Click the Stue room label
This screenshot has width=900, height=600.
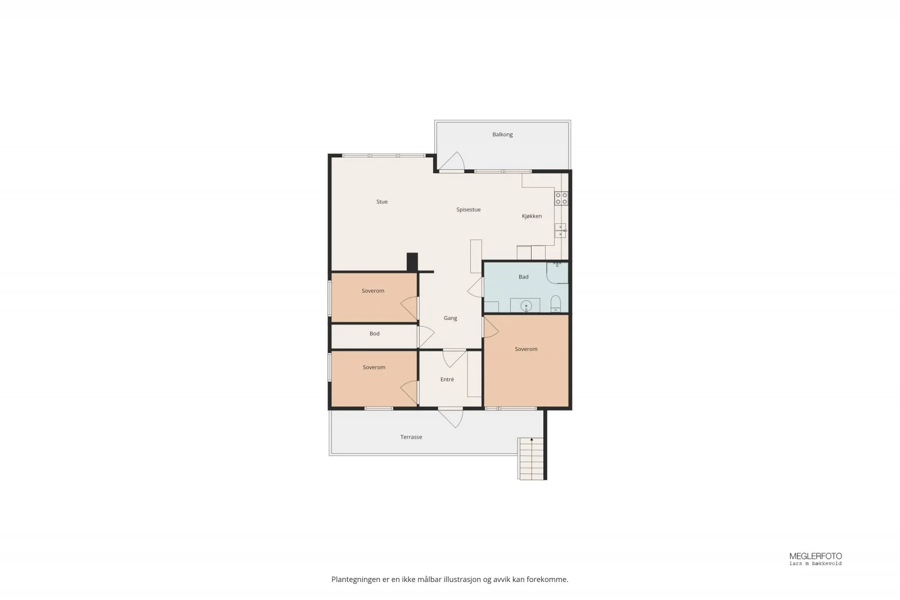[x=382, y=202]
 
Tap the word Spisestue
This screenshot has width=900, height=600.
[x=468, y=210]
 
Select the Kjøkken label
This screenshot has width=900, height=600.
[x=532, y=216]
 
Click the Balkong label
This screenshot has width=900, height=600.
[x=502, y=134]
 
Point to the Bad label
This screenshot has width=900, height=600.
[x=523, y=277]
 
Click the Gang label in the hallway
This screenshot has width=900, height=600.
[x=450, y=318]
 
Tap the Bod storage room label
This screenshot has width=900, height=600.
[x=374, y=333]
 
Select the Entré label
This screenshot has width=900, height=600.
[x=447, y=379]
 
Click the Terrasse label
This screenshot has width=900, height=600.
[x=411, y=437]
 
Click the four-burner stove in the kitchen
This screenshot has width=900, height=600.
[x=561, y=199]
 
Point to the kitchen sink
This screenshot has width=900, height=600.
[x=560, y=231]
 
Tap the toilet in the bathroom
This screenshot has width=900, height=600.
[x=555, y=304]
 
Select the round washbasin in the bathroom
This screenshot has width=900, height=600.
[x=526, y=306]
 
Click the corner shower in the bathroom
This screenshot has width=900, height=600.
[x=557, y=273]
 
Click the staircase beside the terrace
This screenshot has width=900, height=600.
[x=530, y=459]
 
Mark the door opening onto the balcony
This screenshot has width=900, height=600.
[x=452, y=162]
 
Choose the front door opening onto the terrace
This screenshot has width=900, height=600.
[x=451, y=418]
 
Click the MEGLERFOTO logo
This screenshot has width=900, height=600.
[x=815, y=558]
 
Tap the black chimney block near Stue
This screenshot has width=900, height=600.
[x=412, y=262]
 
